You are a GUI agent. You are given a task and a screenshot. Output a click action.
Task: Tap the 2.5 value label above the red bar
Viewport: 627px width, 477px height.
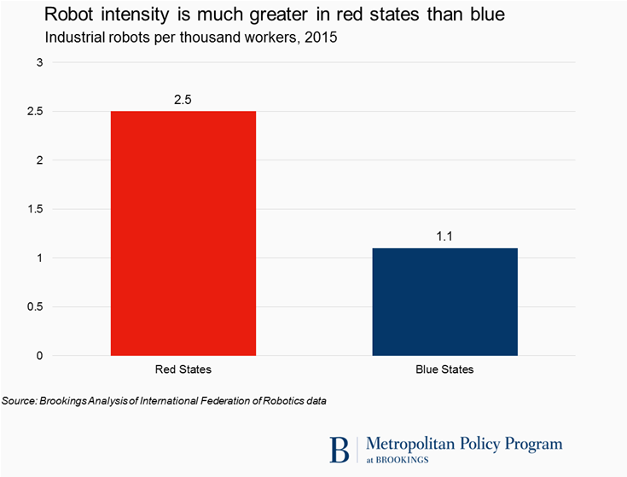coord(183,100)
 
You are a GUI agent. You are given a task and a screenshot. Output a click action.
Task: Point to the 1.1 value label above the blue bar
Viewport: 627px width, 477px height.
coord(444,236)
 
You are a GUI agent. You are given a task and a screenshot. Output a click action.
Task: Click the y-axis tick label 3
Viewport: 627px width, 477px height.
coord(38,62)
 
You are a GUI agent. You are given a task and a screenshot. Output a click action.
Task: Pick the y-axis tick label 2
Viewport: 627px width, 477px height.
coord(38,160)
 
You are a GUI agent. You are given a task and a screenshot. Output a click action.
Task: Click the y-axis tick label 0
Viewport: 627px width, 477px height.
coord(38,356)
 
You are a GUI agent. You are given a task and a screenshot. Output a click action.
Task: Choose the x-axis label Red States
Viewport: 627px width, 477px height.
coord(183,370)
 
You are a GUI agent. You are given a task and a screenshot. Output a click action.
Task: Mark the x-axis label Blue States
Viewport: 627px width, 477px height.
coord(444,370)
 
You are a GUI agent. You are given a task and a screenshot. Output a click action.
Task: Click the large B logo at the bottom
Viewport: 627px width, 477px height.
coord(340,449)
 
